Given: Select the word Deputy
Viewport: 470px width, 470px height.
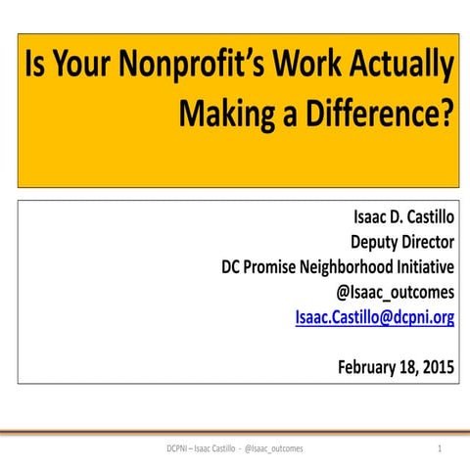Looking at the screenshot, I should (x=378, y=241).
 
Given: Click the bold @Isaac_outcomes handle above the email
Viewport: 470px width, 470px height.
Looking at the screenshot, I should (x=395, y=291).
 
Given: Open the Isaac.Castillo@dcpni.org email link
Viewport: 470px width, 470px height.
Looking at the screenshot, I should (x=374, y=316).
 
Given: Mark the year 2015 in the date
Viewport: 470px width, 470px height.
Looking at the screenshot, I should (x=438, y=367).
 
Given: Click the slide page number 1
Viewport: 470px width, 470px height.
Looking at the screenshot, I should (x=441, y=447).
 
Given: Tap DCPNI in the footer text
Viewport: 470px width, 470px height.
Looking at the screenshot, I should (x=180, y=447).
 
